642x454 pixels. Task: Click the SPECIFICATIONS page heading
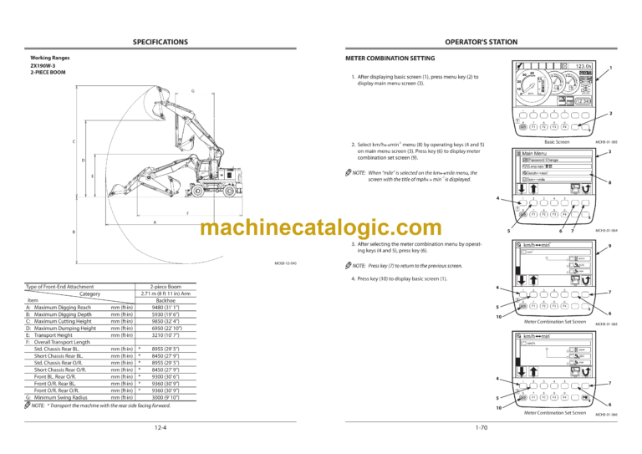coord(160,41)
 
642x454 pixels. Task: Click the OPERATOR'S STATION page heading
coord(480,41)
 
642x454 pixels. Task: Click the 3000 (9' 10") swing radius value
coord(163,396)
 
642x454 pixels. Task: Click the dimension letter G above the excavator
coord(192,90)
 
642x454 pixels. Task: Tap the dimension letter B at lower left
coord(74,232)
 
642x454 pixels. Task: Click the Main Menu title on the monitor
coord(535,153)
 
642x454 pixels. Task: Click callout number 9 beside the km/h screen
coord(611,246)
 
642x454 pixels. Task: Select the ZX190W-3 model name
coord(44,65)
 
